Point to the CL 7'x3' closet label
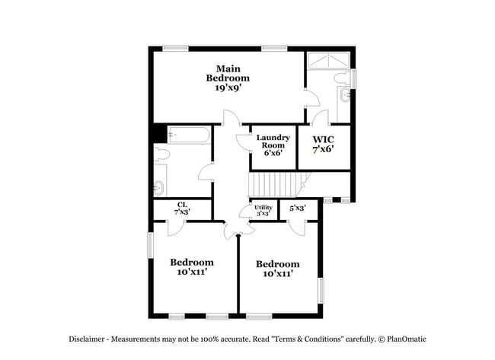pos(182,208)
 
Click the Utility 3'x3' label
pos(263,211)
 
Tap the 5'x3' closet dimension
pos(297,207)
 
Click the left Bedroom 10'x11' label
pos(192,267)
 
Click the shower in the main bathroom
pos(329,60)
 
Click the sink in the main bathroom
pos(346,95)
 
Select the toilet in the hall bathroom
pos(161,154)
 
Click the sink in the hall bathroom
pos(159,186)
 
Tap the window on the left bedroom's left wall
pos(150,244)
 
